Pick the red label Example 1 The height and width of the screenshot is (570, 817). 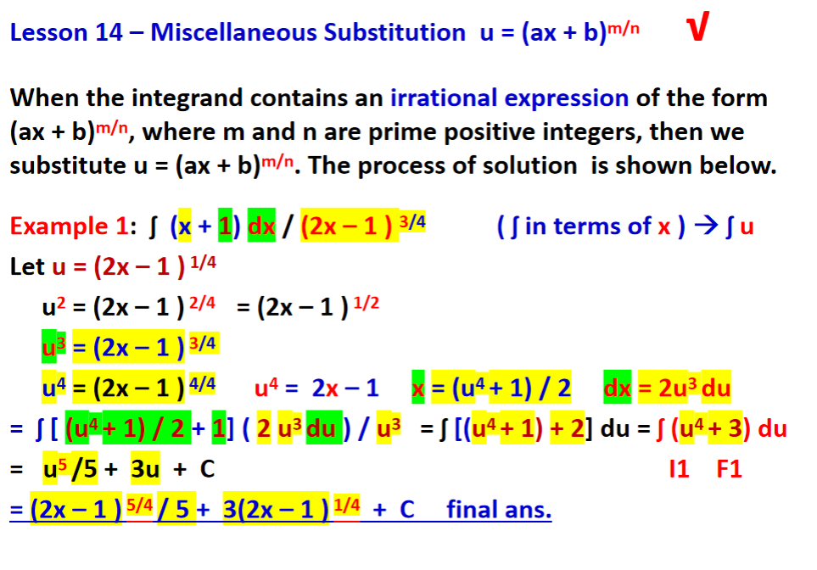69,226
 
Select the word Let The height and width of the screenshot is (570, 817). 27,266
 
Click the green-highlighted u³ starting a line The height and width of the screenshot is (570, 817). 49,347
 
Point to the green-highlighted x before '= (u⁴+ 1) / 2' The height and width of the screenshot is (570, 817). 417,388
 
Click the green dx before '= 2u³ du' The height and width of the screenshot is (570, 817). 617,388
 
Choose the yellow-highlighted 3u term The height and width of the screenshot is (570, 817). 145,468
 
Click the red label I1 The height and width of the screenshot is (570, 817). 679,468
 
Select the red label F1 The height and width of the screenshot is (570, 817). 729,468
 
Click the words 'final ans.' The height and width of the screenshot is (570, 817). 499,510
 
